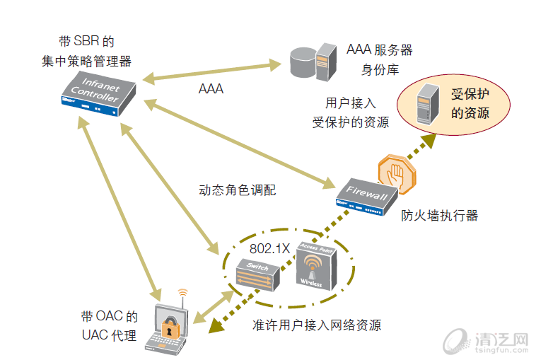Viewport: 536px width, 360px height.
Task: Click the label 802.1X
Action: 269,249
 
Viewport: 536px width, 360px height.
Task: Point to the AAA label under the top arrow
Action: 211,89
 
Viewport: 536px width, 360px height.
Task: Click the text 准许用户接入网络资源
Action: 317,325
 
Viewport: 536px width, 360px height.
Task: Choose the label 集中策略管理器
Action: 86,61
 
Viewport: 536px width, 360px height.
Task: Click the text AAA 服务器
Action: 379,50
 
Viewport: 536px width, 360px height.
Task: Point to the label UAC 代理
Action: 108,335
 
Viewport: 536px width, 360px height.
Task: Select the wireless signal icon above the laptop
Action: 182,291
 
